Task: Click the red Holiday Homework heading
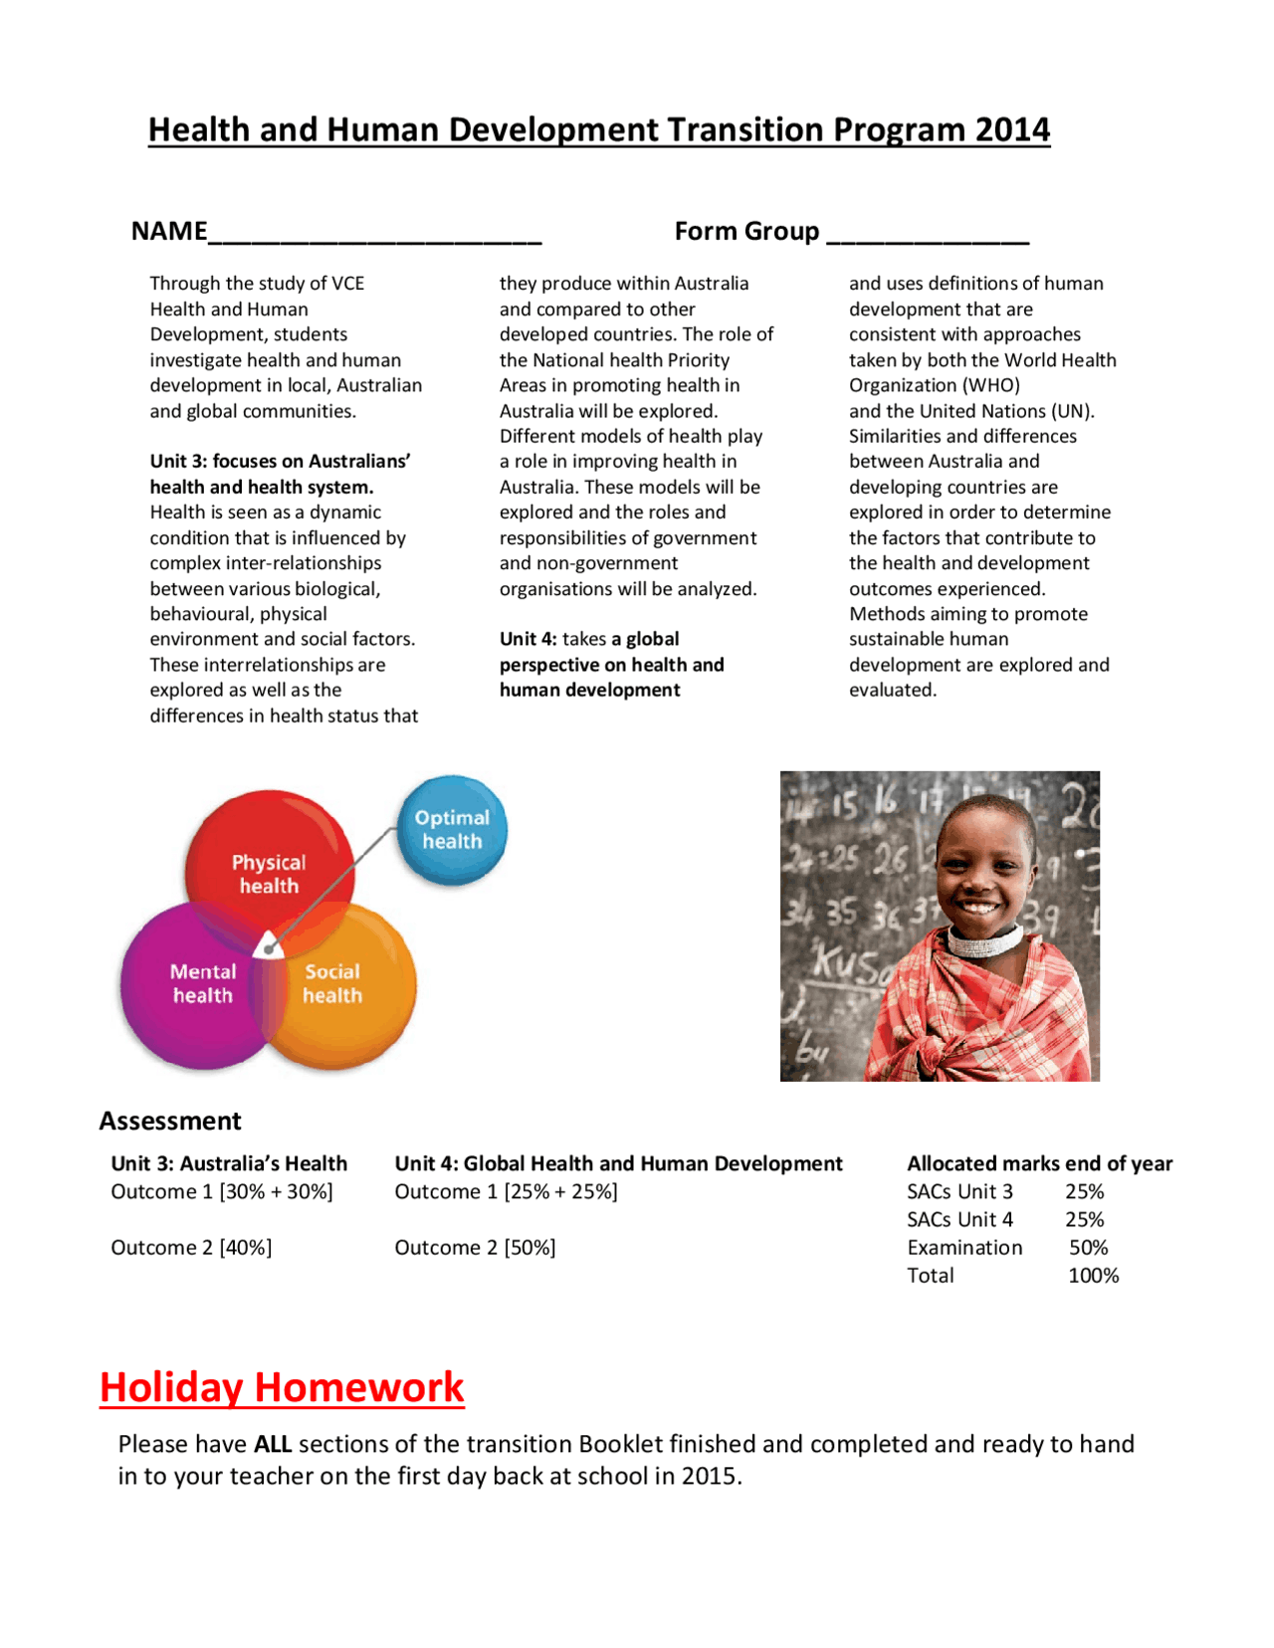pyautogui.click(x=282, y=1387)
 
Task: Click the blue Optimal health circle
pyautogui.click(x=452, y=830)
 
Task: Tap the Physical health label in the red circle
pyautogui.click(x=269, y=874)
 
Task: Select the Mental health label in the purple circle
pyautogui.click(x=203, y=983)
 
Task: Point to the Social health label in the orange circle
pyautogui.click(x=332, y=983)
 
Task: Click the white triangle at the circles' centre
pyautogui.click(x=268, y=944)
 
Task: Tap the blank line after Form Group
pyautogui.click(x=928, y=235)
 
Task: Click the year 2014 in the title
pyautogui.click(x=1012, y=130)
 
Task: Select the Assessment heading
pyautogui.click(x=170, y=1122)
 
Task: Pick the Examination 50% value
pyautogui.click(x=1088, y=1248)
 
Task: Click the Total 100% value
pyautogui.click(x=1093, y=1276)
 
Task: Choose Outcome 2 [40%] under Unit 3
pyautogui.click(x=191, y=1248)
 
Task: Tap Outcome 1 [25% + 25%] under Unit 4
pyautogui.click(x=506, y=1192)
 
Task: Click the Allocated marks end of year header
pyautogui.click(x=1039, y=1163)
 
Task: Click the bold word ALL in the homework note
pyautogui.click(x=272, y=1444)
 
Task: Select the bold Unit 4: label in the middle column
pyautogui.click(x=528, y=639)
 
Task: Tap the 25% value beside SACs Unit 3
pyautogui.click(x=1084, y=1192)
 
